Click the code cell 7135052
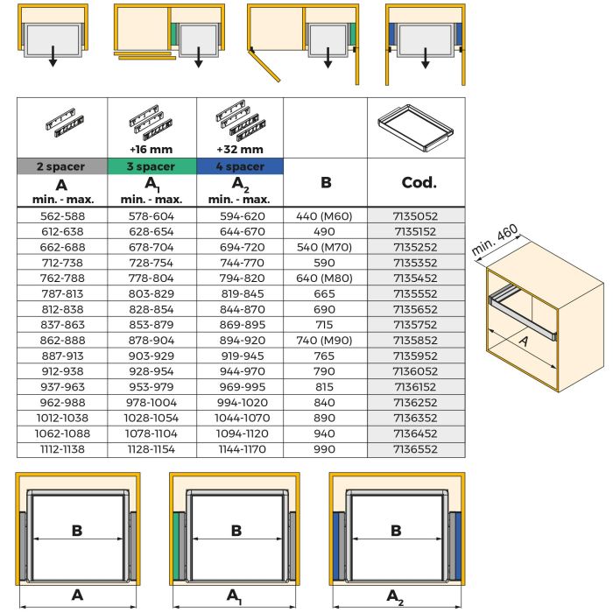tap(416, 215)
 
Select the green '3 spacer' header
tap(151, 166)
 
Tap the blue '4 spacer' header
tap(239, 166)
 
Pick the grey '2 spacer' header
tap(61, 166)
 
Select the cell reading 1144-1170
tap(239, 450)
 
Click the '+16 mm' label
tap(151, 149)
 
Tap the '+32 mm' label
tap(239, 149)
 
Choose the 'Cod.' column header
tap(416, 184)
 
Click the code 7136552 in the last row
tap(416, 450)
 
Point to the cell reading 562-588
tap(61, 215)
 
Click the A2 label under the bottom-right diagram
tap(397, 596)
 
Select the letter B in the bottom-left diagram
tap(77, 530)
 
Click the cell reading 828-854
tap(151, 309)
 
